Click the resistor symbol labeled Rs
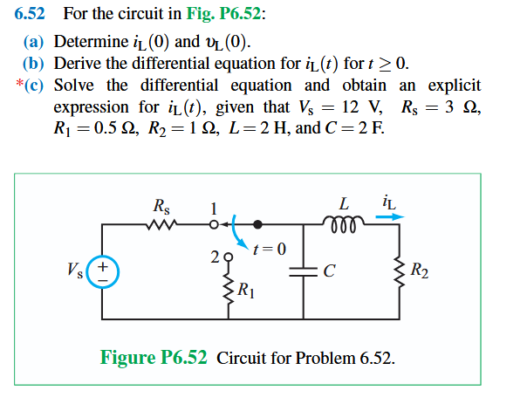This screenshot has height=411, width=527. click(161, 226)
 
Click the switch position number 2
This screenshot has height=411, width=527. click(215, 257)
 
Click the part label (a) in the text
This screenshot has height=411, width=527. click(34, 42)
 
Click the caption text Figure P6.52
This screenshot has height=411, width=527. click(154, 358)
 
